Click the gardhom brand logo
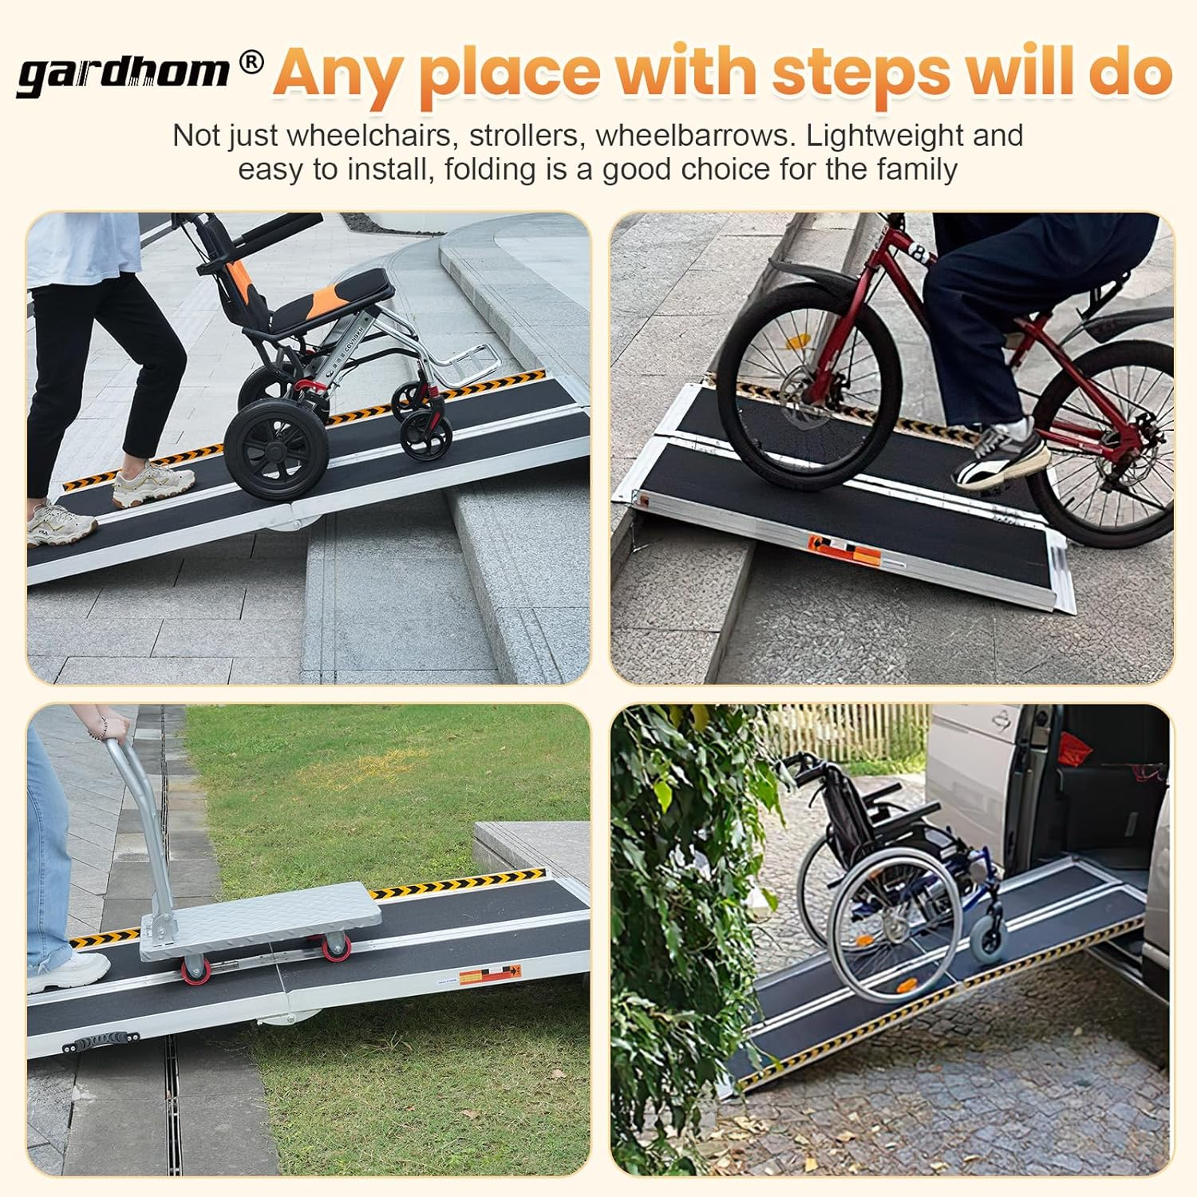click(124, 73)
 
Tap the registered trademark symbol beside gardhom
click(251, 62)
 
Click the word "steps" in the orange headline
click(861, 73)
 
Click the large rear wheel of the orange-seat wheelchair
click(276, 451)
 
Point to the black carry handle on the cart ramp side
click(99, 1041)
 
